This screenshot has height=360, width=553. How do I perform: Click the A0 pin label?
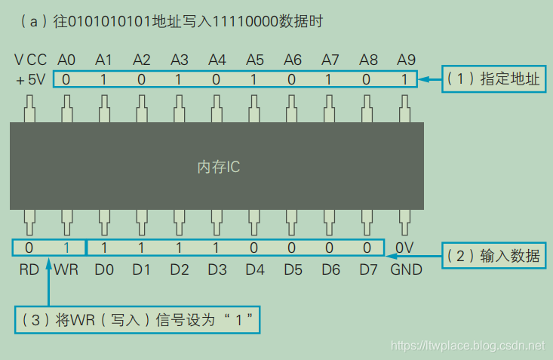click(66, 60)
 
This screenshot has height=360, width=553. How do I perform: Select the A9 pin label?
click(405, 60)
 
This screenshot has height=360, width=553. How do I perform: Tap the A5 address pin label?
click(255, 60)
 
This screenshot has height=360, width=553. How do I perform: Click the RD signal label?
click(29, 269)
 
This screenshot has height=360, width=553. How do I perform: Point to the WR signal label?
click(66, 269)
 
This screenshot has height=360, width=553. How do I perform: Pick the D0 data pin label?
click(104, 269)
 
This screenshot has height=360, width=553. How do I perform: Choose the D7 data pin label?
click(367, 269)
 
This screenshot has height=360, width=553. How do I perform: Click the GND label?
click(407, 269)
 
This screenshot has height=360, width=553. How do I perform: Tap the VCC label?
click(30, 60)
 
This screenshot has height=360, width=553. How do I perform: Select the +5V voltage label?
click(30, 79)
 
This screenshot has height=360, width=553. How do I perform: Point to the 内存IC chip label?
click(218, 167)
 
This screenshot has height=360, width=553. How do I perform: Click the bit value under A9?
click(405, 79)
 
